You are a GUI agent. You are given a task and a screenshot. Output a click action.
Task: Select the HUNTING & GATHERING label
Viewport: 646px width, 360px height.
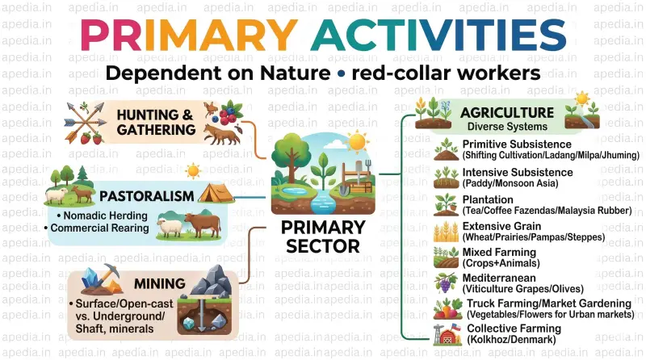[x=156, y=123]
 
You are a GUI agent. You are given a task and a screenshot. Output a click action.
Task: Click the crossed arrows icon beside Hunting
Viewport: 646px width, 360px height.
[x=86, y=121]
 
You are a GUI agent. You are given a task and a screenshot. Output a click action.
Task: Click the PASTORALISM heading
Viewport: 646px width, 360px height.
[x=146, y=196]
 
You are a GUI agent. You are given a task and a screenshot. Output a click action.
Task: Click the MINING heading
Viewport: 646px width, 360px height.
[x=159, y=284]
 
